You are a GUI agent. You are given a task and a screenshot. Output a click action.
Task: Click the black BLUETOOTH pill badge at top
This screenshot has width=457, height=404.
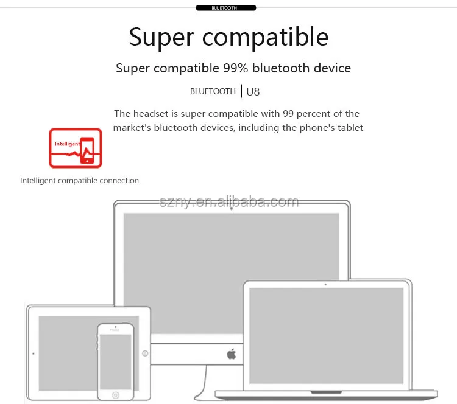226,8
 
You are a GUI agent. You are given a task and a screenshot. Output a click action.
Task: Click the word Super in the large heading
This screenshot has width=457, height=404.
161,38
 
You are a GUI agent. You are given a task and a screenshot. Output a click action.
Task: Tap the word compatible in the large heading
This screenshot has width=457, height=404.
265,38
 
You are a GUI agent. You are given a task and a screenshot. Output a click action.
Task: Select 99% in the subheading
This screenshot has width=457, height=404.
235,68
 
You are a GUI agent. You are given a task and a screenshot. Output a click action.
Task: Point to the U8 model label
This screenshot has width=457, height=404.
253,92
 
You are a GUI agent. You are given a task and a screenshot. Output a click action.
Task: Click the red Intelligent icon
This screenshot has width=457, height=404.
76,148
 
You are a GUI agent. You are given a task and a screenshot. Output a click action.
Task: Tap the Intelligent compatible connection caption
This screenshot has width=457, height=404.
79,181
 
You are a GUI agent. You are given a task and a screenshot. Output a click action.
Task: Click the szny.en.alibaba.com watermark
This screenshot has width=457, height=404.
229,202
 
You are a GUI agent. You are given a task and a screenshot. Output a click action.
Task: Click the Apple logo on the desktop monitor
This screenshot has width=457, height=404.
232,353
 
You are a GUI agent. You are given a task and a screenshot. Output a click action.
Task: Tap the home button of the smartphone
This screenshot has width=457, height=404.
115,395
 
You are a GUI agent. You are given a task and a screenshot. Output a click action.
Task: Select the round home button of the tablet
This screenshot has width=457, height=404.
145,353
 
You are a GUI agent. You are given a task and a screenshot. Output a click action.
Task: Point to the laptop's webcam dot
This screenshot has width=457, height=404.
325,284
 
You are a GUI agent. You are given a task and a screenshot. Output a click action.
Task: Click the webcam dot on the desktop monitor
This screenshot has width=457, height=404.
232,209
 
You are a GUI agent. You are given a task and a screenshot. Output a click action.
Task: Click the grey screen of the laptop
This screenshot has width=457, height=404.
327,336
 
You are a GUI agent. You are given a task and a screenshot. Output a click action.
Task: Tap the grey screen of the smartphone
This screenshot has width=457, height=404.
115,362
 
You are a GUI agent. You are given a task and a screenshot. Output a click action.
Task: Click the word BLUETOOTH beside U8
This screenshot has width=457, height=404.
213,92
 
